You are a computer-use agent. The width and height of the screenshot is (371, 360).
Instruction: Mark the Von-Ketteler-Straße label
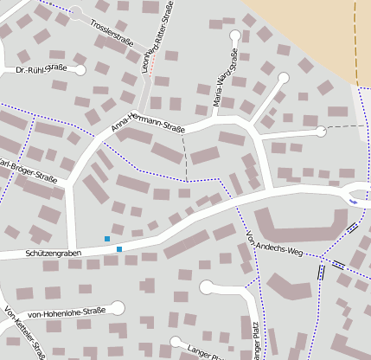(25, 333)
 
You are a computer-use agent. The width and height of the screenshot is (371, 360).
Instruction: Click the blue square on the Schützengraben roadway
(119, 249)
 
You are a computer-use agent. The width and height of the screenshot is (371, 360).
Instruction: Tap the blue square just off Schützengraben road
(107, 239)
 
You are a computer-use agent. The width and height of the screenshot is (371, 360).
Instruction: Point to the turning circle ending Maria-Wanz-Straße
(236, 35)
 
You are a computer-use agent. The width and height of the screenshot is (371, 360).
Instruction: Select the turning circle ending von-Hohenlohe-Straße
(118, 307)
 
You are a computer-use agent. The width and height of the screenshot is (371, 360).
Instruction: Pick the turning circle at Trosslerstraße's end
(76, 12)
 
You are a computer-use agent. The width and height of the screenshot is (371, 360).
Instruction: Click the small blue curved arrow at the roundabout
(352, 202)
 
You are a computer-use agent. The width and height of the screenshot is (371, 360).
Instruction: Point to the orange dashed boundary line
(355, 43)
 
